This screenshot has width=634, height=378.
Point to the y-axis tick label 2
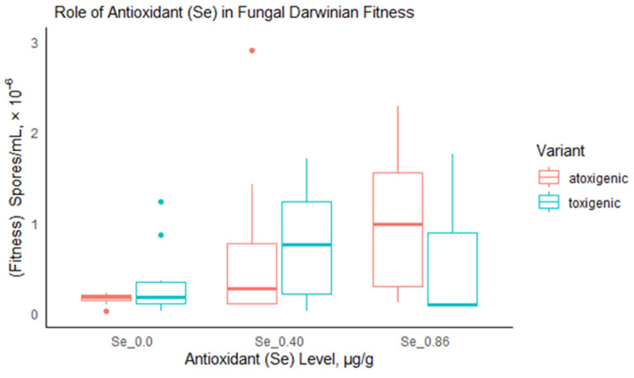[34, 134]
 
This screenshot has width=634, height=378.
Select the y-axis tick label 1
[34, 224]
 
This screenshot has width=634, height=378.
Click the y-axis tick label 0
[34, 314]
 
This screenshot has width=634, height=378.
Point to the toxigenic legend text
[589, 201]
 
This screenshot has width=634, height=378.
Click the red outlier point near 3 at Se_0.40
[252, 50]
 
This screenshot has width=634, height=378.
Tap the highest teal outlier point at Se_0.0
[161, 201]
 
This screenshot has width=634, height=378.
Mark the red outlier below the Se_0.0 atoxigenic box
[106, 310]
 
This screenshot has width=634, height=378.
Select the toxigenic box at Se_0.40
[306, 248]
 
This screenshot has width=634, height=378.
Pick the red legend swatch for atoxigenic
[549, 177]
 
